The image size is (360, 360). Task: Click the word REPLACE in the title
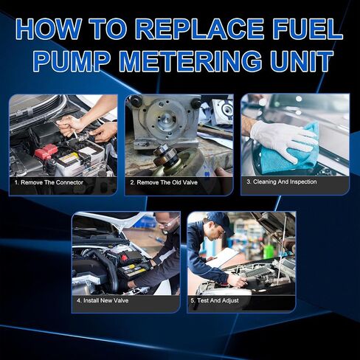(198, 29)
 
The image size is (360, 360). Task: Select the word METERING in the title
(190, 60)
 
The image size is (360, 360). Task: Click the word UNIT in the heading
(301, 60)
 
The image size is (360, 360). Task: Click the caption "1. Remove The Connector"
(49, 182)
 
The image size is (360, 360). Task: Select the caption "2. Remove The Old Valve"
(164, 182)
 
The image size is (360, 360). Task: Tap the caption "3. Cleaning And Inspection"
(282, 181)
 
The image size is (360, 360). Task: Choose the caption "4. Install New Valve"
(103, 300)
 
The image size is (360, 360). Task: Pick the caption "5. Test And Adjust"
(215, 300)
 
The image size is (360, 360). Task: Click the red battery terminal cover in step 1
(46, 150)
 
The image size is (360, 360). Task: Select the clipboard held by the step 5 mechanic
(222, 257)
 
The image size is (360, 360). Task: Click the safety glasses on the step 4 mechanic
(167, 223)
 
